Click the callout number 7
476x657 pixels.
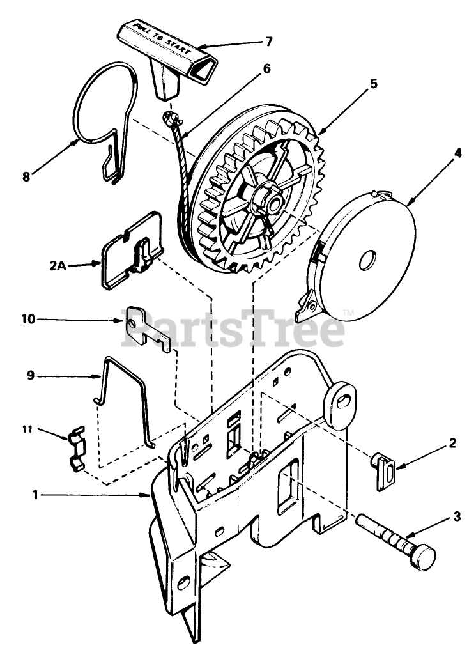click(268, 42)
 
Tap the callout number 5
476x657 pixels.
click(373, 83)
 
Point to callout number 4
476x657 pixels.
click(457, 153)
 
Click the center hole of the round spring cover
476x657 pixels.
click(369, 259)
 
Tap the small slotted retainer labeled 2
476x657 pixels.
click(384, 471)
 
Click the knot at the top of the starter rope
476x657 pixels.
click(171, 118)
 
